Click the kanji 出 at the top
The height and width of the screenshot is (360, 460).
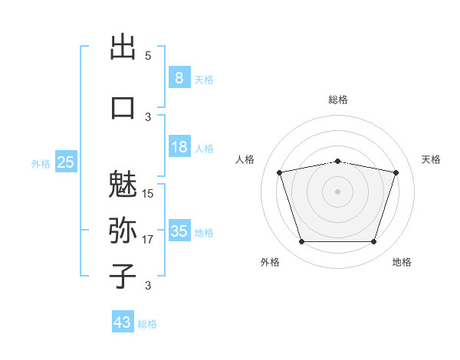[123, 46]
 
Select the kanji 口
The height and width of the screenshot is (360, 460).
[123, 108]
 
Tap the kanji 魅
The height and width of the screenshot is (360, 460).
[123, 185]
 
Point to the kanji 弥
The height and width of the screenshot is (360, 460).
[123, 231]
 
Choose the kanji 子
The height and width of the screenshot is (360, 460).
[123, 277]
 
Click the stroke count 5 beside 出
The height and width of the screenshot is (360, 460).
[148, 56]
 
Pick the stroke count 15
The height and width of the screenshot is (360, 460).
[147, 194]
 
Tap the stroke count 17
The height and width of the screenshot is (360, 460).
[147, 240]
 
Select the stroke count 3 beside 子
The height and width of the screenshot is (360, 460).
[148, 285]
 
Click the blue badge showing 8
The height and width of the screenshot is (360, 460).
[179, 77]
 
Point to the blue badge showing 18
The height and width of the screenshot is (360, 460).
[179, 146]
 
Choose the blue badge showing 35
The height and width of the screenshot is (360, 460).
[179, 230]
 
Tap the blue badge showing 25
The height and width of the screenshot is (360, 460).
[66, 162]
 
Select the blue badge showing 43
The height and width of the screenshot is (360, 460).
[123, 321]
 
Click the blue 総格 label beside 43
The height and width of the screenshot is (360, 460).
[147, 324]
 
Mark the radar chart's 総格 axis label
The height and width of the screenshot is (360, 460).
[338, 100]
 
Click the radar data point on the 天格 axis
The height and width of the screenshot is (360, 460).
[396, 172]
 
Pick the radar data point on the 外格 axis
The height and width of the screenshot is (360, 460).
[301, 241]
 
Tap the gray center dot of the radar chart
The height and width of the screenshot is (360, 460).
[337, 191]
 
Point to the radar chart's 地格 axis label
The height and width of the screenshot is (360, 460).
[402, 262]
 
